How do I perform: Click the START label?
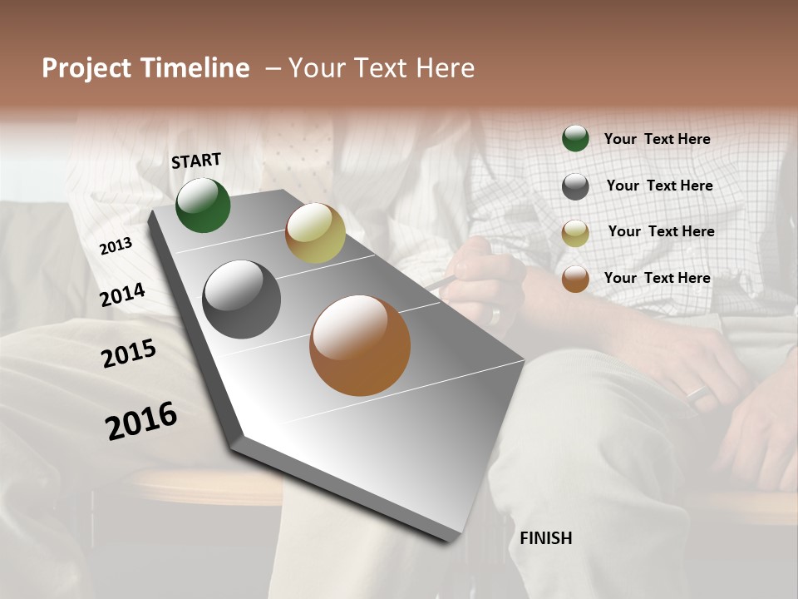196,161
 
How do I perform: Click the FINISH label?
545,538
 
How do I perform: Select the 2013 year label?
116,246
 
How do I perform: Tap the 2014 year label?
123,295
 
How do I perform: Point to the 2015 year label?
129,354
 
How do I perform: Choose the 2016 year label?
141,420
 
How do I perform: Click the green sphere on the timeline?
203,205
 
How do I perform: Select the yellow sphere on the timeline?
315,233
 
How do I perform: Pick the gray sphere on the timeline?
242,299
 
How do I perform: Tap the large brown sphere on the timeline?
360,345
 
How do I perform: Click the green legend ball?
575,138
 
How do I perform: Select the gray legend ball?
575,186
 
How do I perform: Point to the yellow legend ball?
575,233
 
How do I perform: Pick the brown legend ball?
575,279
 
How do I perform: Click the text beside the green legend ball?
657,139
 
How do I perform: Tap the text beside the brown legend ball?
657,278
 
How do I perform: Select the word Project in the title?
87,68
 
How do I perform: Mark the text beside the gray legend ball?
659,186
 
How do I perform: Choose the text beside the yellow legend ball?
661,231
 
